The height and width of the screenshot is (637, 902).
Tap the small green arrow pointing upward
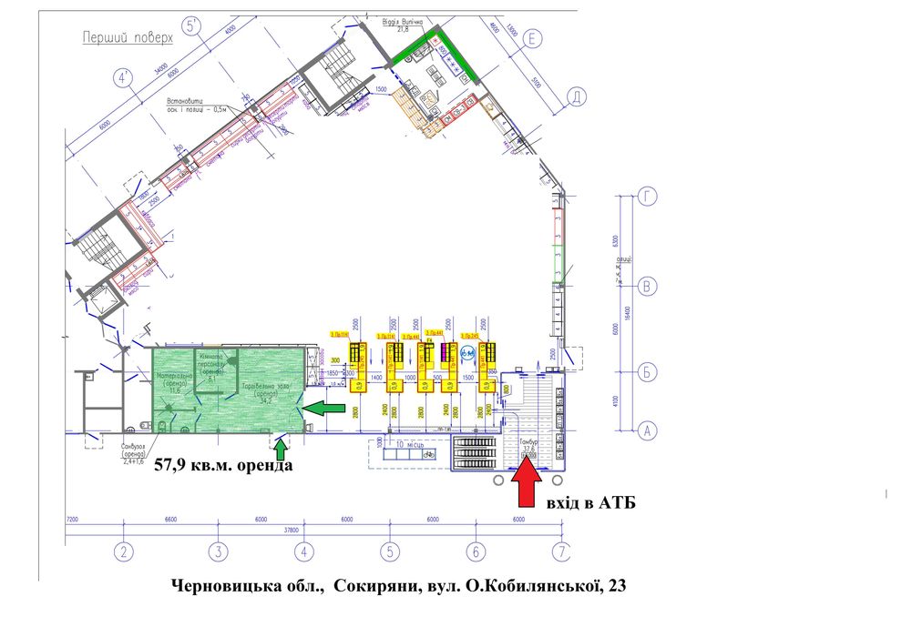click(x=281, y=448)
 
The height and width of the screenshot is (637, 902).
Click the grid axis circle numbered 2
click(x=123, y=551)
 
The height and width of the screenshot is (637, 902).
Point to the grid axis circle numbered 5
click(x=389, y=551)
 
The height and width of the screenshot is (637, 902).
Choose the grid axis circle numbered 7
click(x=563, y=551)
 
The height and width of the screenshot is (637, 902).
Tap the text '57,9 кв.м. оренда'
click(x=223, y=465)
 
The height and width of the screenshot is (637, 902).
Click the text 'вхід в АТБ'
click(x=589, y=502)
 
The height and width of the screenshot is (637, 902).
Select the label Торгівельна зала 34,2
click(x=263, y=392)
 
